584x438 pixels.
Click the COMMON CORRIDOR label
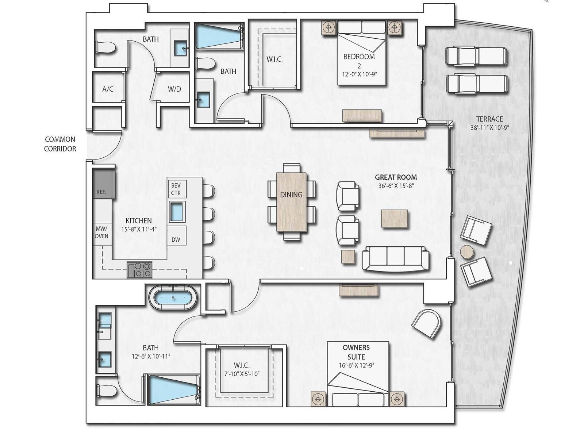point(60,144)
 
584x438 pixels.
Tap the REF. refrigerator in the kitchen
point(104,184)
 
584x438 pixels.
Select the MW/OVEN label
point(101,233)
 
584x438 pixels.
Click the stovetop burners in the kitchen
point(139,270)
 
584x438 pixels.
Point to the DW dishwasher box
point(176,236)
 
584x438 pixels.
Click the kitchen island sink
point(177,212)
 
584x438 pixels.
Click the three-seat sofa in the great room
point(395,259)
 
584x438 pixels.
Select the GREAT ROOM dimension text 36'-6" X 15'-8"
point(396,186)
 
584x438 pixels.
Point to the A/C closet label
point(108,89)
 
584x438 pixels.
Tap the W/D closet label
point(174,89)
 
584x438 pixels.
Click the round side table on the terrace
point(467,251)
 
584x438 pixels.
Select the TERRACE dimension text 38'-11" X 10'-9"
point(489,128)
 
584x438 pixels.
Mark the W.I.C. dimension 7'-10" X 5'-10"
point(242,374)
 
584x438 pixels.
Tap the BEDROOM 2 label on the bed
point(359,61)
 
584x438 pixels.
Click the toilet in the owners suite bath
point(106,391)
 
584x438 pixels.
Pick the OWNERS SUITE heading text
point(356,352)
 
